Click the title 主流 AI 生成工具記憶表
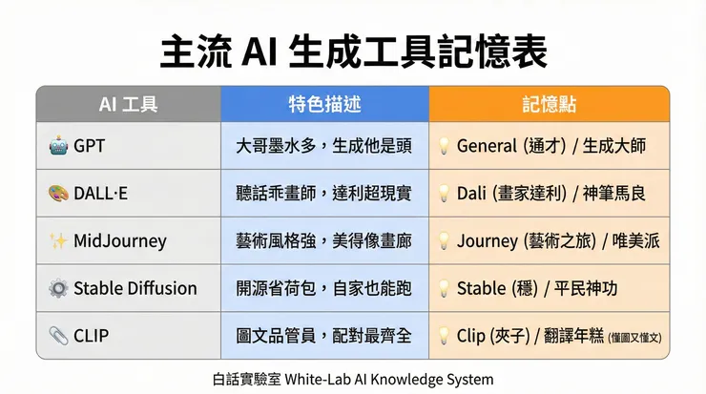pyautogui.click(x=353, y=51)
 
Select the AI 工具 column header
pyautogui.click(x=128, y=104)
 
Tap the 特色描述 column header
pyautogui.click(x=323, y=104)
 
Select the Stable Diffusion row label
pyautogui.click(x=135, y=288)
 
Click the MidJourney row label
pyautogui.click(x=119, y=240)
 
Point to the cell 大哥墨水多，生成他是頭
pyautogui.click(x=323, y=146)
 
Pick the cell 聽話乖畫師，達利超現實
pyautogui.click(x=323, y=194)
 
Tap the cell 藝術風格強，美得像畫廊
pyautogui.click(x=323, y=240)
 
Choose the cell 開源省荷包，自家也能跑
pyautogui.click(x=323, y=288)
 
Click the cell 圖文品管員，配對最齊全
pyautogui.click(x=323, y=336)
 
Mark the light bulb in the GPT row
pyautogui.click(x=443, y=146)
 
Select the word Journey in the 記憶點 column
pyautogui.click(x=488, y=240)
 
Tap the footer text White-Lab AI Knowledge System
pyautogui.click(x=401, y=379)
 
